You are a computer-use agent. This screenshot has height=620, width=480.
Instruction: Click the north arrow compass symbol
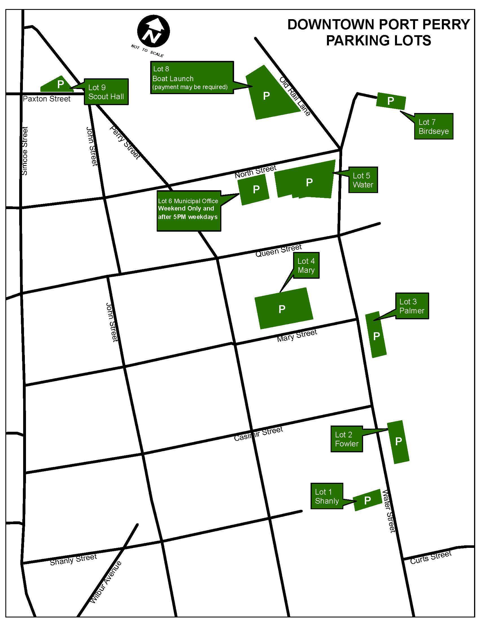coord(154,31)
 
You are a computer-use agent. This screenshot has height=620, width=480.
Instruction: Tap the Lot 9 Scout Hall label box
coord(106,92)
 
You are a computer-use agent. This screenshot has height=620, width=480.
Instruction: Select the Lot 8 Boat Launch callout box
coord(192,77)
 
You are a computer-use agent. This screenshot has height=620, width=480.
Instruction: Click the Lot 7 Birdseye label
coord(433,126)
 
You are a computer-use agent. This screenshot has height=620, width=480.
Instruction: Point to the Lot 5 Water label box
coord(363,180)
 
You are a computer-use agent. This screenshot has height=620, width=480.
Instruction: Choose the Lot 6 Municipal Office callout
coord(189,211)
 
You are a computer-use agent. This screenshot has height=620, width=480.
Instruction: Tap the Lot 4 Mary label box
coord(306,265)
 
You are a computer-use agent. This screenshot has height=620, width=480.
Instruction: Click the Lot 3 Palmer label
coord(412,306)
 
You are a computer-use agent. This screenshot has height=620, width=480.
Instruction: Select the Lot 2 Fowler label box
coord(346,439)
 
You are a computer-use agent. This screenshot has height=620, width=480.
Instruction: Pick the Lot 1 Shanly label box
coord(327,496)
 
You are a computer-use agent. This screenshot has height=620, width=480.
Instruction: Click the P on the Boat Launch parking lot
coord(266,96)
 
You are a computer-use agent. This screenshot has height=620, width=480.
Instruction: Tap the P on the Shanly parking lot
coord(367,500)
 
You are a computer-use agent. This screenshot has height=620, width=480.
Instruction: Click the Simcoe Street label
coord(25,151)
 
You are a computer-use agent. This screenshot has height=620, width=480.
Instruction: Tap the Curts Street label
coord(431,557)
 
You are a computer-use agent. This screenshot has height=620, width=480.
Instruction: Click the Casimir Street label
coord(258,434)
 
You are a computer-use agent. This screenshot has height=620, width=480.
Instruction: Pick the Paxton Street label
coord(47,99)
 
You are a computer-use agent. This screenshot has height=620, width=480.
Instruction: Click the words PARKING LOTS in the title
coord(378,40)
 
